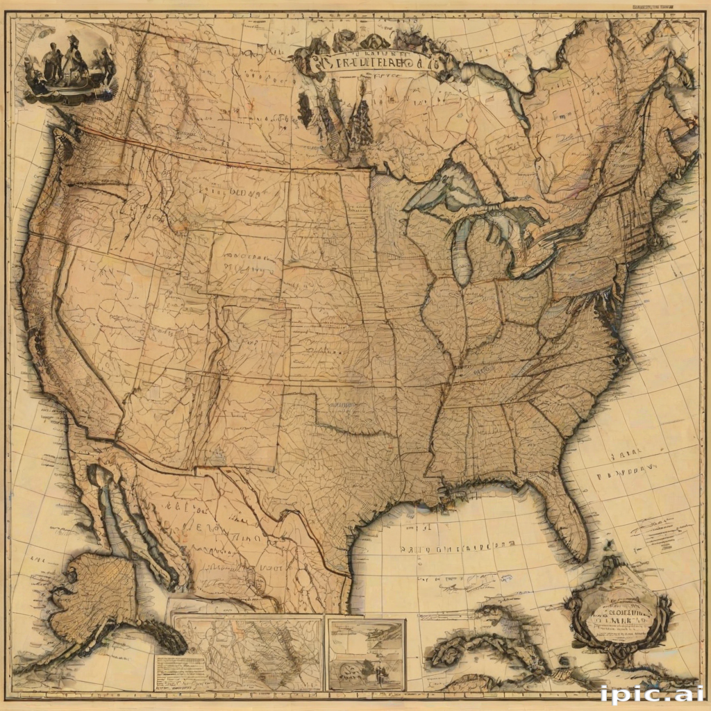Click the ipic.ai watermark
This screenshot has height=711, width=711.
tap(651, 694)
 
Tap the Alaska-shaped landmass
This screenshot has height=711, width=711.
tap(97, 597)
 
